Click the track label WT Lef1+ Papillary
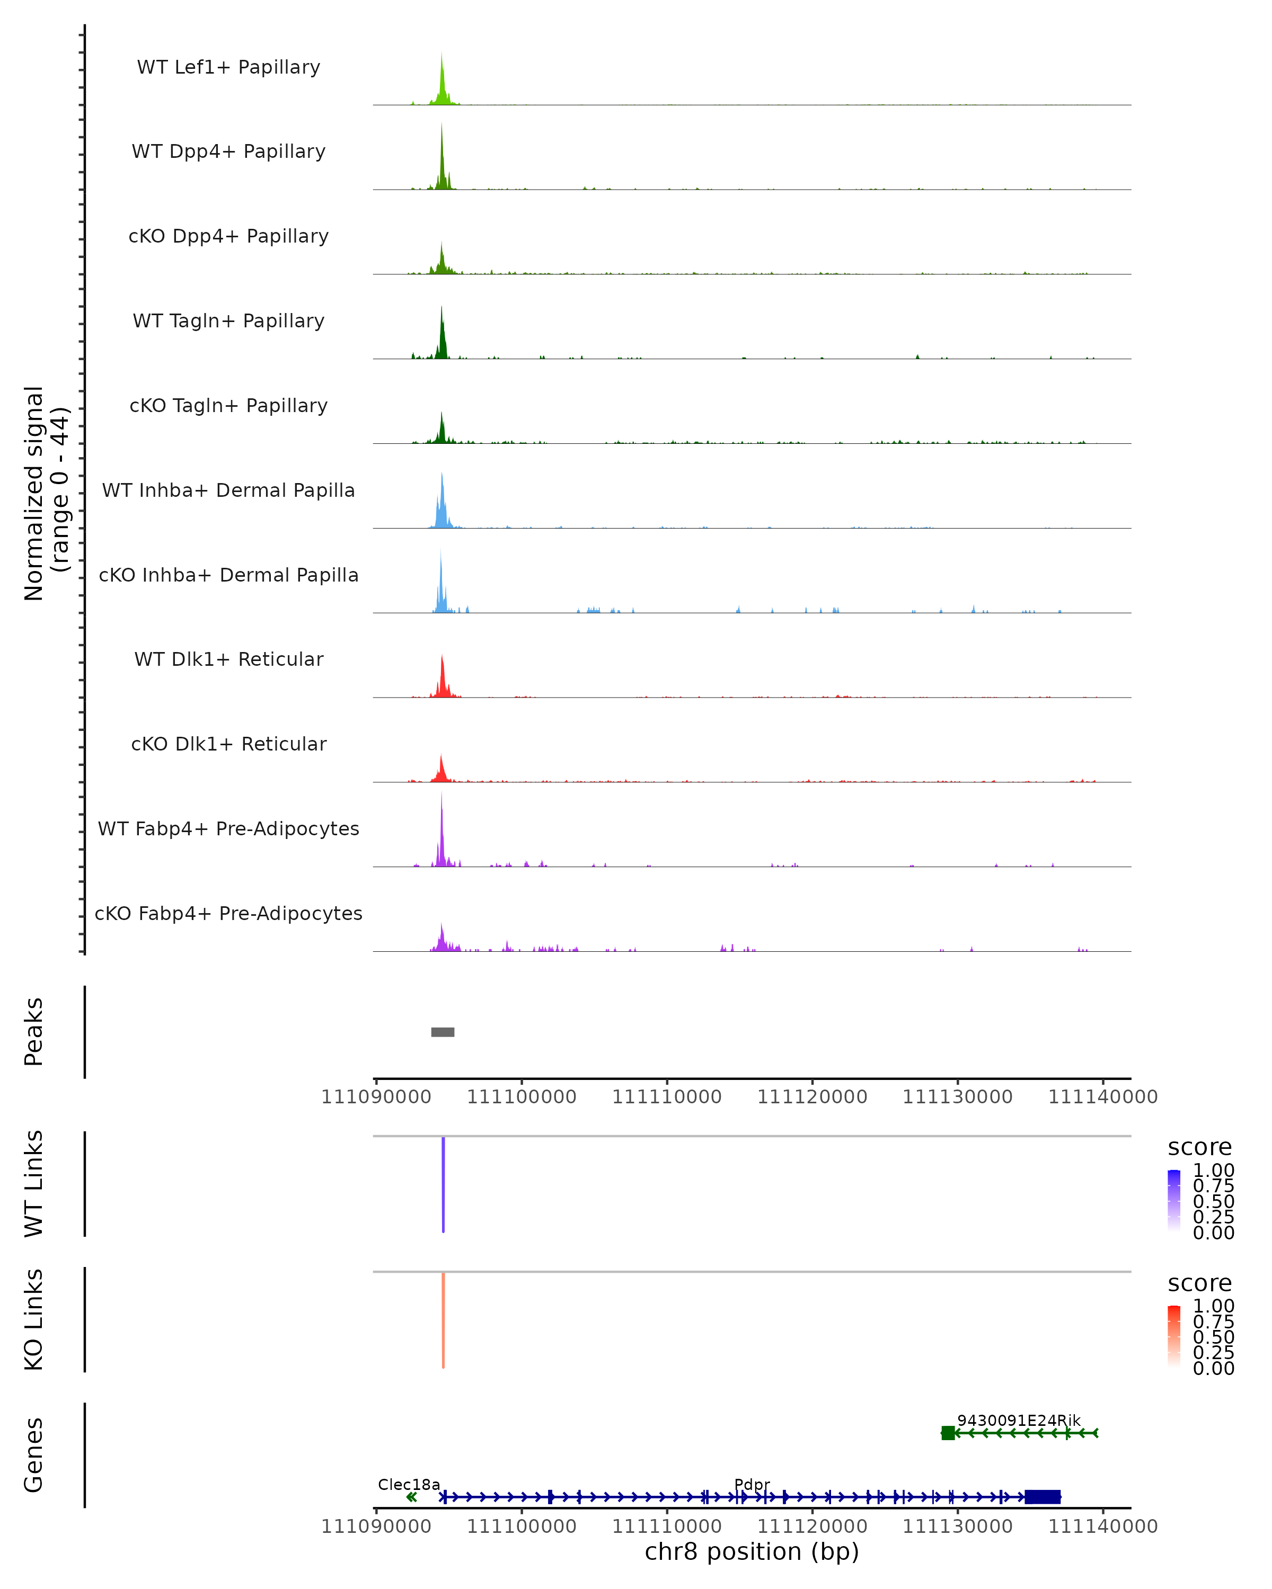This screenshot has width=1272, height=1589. coord(228,67)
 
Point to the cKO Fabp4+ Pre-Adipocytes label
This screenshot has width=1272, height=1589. coord(228,913)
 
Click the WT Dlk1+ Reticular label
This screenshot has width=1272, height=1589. coord(228,659)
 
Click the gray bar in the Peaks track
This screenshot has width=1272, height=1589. coord(443,1032)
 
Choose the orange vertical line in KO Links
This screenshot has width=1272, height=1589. coord(443,1320)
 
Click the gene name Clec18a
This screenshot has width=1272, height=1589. coord(409,1484)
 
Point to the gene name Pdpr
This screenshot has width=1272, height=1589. coord(752,1484)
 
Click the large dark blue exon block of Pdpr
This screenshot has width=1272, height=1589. coord(1043,1497)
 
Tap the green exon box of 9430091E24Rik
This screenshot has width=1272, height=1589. coord(948,1433)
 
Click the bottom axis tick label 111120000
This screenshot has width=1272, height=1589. coord(812,1525)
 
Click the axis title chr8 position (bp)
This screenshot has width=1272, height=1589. coord(752,1552)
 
